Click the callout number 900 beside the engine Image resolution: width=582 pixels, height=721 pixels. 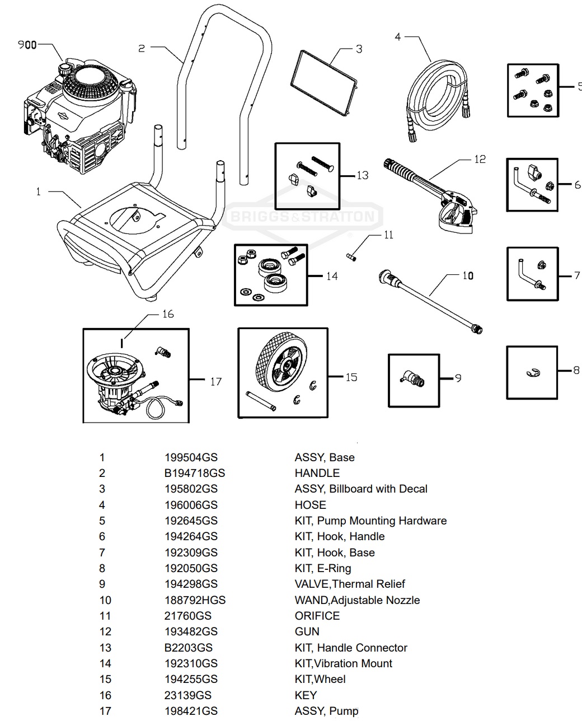coord(26,45)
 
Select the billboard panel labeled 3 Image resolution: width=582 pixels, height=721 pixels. coord(324,83)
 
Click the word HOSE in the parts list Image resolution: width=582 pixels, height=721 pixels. coord(310,505)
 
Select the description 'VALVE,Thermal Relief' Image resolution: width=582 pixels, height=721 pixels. coord(350,584)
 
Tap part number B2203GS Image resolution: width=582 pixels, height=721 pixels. coord(188,648)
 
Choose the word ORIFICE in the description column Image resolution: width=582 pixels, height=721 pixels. coord(317,616)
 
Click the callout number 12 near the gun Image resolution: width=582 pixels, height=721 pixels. coord(480,160)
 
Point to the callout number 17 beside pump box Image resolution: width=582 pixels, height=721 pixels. coord(216,382)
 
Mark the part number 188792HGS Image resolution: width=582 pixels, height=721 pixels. coord(194,600)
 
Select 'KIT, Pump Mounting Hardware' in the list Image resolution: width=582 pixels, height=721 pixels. coord(370,521)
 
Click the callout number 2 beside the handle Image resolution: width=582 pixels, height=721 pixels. coord(142,49)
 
